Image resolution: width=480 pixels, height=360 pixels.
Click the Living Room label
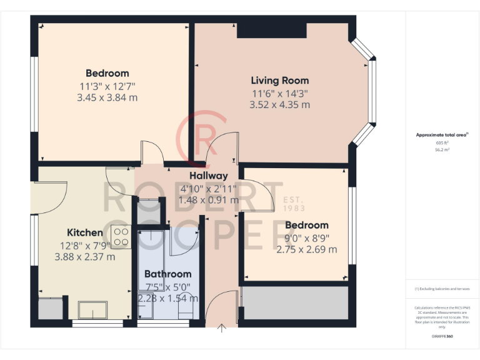click(x=279, y=81)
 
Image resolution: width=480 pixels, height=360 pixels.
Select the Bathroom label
click(x=167, y=274)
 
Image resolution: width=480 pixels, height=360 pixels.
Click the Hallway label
click(x=209, y=176)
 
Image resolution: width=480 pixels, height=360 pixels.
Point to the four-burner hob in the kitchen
click(x=121, y=237)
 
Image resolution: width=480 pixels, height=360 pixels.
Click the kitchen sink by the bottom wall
click(x=92, y=309)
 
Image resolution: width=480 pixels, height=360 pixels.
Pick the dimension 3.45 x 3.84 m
click(x=107, y=97)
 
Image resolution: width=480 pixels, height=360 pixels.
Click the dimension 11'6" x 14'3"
click(x=279, y=93)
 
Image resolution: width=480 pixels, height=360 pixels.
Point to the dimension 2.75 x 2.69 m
click(x=306, y=249)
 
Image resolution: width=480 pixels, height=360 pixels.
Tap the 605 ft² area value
click(x=442, y=143)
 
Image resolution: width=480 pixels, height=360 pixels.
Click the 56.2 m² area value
click(x=442, y=150)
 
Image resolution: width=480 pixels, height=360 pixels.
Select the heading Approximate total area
click(x=441, y=134)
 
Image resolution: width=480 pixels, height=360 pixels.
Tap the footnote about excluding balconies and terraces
click(x=442, y=289)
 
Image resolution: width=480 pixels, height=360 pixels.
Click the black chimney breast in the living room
click(x=271, y=29)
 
